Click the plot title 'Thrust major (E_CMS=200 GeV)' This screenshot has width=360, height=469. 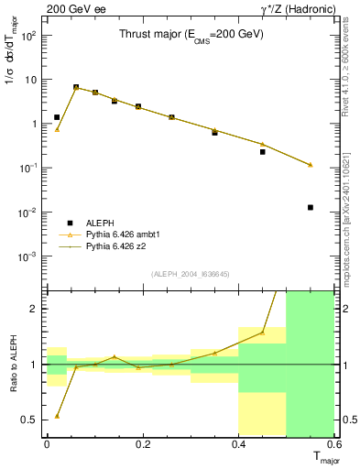pyautogui.click(x=191, y=35)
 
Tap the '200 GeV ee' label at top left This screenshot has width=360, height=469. pyautogui.click(x=70, y=8)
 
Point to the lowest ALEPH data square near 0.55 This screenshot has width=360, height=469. pyautogui.click(x=311, y=207)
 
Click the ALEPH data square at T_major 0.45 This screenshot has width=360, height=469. pyautogui.click(x=263, y=151)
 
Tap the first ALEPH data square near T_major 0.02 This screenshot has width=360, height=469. pyautogui.click(x=57, y=117)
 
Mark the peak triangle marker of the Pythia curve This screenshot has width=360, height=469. pyautogui.click(x=76, y=87)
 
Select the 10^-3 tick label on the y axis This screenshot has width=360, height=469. pyautogui.click(x=28, y=256)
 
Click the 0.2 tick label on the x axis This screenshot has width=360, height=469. pyautogui.click(x=142, y=444)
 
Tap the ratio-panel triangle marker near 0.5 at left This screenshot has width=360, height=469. pyautogui.click(x=57, y=416)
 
